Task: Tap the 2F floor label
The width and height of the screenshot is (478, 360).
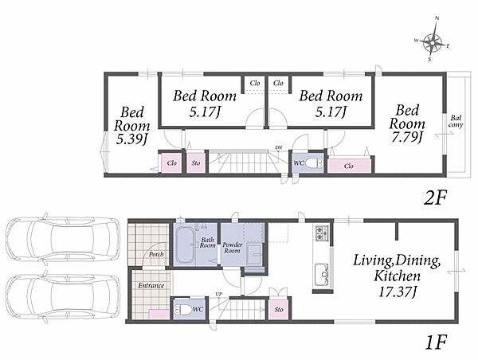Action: click(435, 198)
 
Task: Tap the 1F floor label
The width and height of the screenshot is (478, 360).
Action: click(436, 343)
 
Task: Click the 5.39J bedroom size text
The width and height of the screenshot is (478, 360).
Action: click(132, 139)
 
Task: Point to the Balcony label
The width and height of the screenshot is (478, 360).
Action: click(456, 121)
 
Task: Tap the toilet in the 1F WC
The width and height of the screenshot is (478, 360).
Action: click(182, 310)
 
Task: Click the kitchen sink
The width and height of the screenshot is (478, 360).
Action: click(322, 272)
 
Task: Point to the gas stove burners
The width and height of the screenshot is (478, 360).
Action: click(322, 233)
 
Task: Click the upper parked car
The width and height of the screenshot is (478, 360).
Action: click(64, 238)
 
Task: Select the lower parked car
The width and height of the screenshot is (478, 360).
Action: click(64, 296)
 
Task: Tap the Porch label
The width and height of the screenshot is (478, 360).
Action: click(156, 254)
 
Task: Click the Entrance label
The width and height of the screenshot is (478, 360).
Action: click(151, 286)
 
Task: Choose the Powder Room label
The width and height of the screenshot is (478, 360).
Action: click(233, 248)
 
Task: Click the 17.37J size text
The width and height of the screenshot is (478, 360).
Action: click(398, 292)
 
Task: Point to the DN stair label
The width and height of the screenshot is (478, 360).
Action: click(279, 148)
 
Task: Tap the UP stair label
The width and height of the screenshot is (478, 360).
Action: click(219, 294)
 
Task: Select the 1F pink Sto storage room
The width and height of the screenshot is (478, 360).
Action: click(279, 308)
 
